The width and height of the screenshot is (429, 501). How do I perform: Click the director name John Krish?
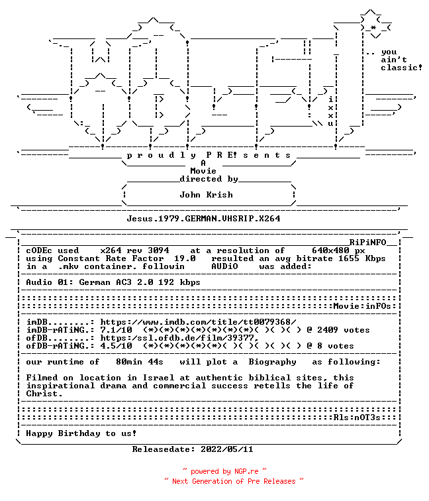pyautogui.click(x=206, y=195)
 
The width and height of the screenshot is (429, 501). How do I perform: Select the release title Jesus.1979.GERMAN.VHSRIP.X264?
pyautogui.click(x=204, y=219)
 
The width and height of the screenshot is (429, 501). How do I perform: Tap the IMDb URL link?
pyautogui.click(x=198, y=322)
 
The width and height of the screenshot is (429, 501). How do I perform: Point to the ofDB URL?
pyautogui.click(x=179, y=338)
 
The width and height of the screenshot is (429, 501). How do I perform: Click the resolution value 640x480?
pyautogui.click(x=331, y=250)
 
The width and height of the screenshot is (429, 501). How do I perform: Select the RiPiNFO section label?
pyautogui.click(x=367, y=243)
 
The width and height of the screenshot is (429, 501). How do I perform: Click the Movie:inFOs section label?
pyautogui.click(x=362, y=306)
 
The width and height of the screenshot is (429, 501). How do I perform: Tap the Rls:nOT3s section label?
pyautogui.click(x=358, y=417)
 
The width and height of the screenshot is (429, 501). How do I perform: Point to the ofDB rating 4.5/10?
pyautogui.click(x=117, y=346)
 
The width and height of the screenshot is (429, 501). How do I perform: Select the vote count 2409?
pyautogui.click(x=328, y=330)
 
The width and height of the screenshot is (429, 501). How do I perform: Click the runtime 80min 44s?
pyautogui.click(x=140, y=362)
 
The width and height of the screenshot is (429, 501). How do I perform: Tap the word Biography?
pyautogui.click(x=272, y=362)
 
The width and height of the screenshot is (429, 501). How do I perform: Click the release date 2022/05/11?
pyautogui.click(x=227, y=449)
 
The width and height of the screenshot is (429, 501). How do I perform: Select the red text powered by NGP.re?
pyautogui.click(x=224, y=472)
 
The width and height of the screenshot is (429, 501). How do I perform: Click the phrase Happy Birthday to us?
pyautogui.click(x=81, y=433)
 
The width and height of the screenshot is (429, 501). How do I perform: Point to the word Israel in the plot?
pyautogui.click(x=158, y=378)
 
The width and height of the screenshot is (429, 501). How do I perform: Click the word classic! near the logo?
pyautogui.click(x=402, y=68)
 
